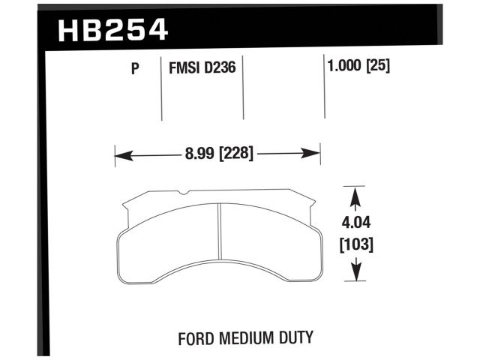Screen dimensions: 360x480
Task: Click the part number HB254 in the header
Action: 112,29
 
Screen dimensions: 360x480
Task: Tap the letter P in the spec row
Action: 136,69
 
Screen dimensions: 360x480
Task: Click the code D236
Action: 223,69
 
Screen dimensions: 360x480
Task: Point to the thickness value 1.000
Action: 343,67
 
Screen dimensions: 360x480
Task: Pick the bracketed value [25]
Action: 379,67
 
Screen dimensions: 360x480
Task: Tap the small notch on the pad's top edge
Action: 183,196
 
